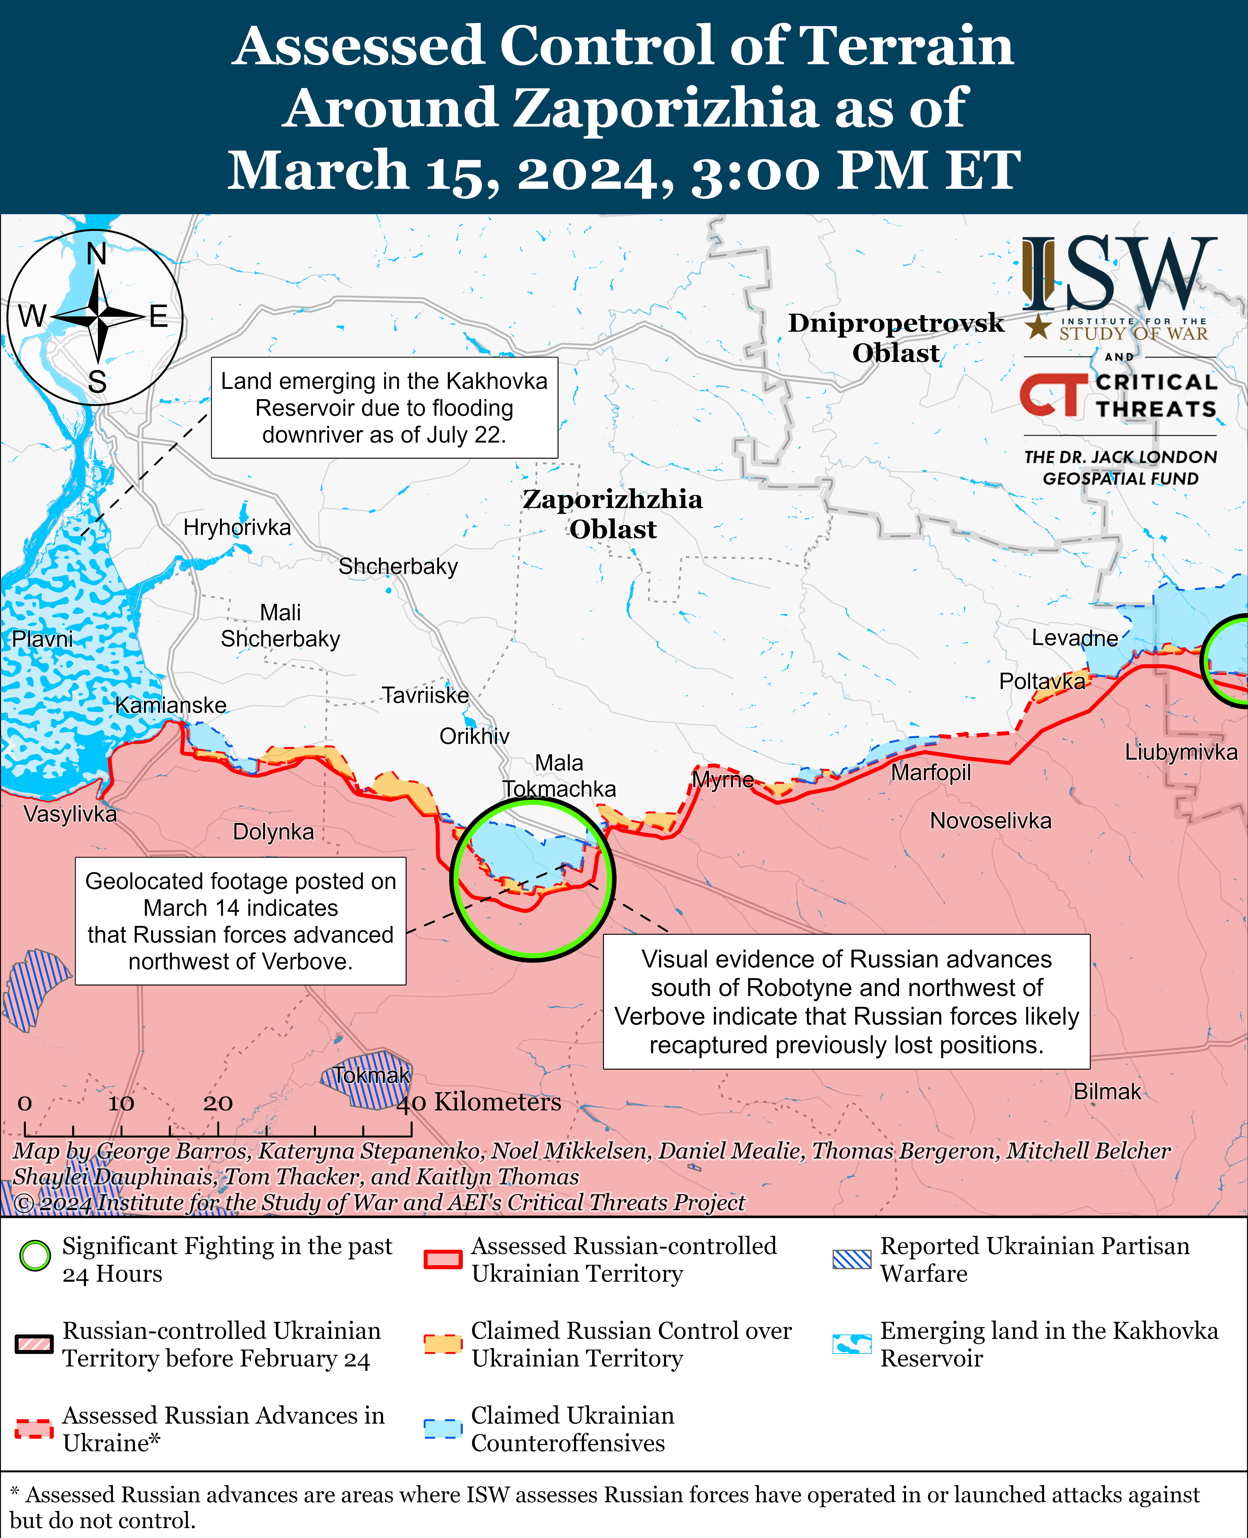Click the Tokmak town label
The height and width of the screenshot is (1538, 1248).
[371, 1075]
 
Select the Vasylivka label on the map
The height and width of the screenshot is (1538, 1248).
[70, 814]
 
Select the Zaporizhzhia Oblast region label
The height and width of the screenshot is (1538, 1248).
[612, 514]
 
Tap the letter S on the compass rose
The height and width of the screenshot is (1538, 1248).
[97, 382]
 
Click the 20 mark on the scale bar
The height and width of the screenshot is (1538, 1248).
[218, 1103]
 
